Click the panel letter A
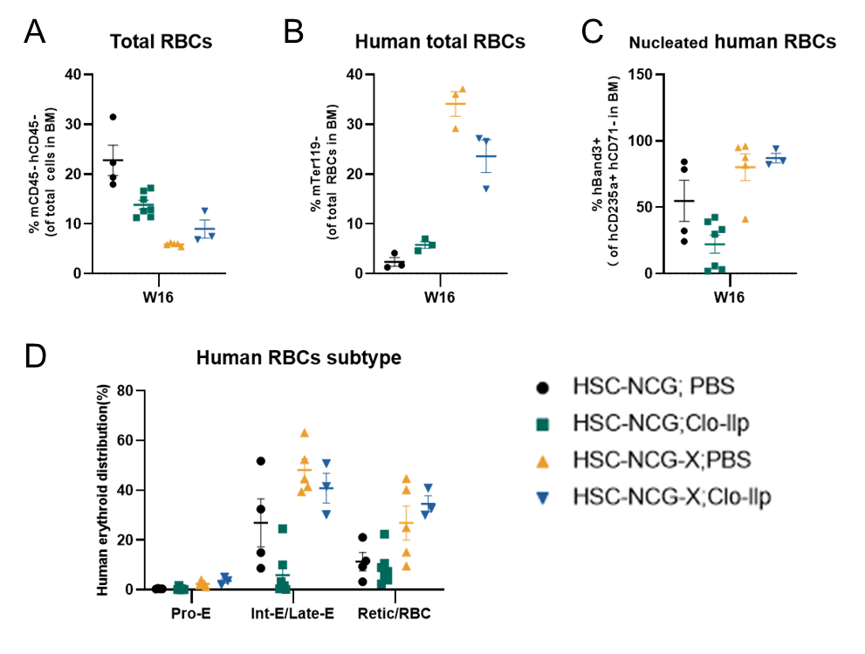click(34, 32)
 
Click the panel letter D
click(35, 356)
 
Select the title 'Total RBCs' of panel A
click(161, 41)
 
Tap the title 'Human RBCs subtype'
click(299, 358)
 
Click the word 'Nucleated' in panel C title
click(668, 43)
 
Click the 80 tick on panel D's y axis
click(125, 391)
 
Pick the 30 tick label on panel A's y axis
click(73, 124)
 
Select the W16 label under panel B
click(439, 298)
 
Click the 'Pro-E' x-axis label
click(191, 613)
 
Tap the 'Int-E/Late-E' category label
click(292, 613)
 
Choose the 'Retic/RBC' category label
click(394, 613)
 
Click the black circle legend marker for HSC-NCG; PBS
click(543, 388)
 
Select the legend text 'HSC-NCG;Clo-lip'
click(661, 423)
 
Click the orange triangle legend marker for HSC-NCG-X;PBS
click(543, 461)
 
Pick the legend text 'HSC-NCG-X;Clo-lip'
click(672, 497)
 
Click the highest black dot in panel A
click(113, 117)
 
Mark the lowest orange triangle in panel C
click(745, 219)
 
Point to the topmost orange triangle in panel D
click(304, 433)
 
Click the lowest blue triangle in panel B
click(486, 189)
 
